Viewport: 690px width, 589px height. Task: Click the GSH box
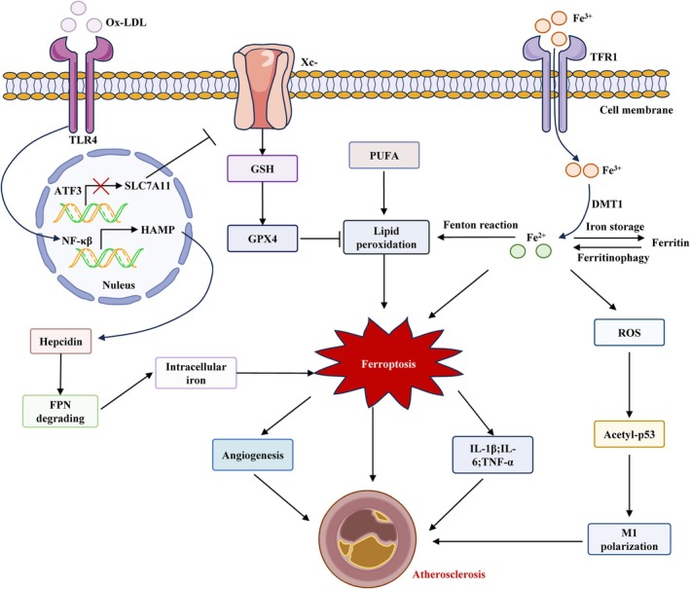[262, 168]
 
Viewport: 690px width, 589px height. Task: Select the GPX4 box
[262, 239]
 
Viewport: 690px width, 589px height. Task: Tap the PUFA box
[384, 156]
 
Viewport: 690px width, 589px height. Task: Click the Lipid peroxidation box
[386, 238]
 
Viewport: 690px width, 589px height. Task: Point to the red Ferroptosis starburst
[388, 363]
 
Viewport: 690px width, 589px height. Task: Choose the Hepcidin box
[60, 341]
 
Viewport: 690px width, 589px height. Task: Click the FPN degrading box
[60, 411]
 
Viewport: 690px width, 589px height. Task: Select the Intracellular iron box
[196, 373]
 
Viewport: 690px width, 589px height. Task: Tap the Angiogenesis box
[253, 455]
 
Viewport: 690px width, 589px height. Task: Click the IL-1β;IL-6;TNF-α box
[492, 455]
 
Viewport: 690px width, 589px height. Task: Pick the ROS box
[629, 332]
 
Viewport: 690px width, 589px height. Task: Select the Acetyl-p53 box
[629, 434]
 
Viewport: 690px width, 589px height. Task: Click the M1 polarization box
[630, 539]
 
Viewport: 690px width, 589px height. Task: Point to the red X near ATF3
[101, 186]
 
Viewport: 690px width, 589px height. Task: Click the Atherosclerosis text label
[449, 574]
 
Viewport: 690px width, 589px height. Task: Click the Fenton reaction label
[481, 225]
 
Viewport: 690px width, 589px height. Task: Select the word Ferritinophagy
[613, 258]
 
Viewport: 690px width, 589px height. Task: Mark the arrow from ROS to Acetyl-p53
[629, 385]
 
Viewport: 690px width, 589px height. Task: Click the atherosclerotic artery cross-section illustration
[368, 538]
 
